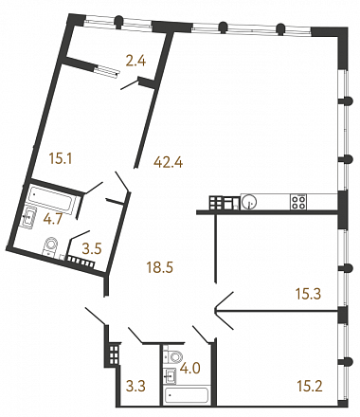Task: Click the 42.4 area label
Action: (x=169, y=162)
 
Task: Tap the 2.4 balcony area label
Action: (x=135, y=61)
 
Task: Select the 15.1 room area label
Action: (x=61, y=158)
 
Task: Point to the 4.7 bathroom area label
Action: (x=53, y=219)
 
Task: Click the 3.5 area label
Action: (x=92, y=249)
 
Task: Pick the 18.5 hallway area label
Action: (x=160, y=268)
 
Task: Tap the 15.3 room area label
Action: (x=308, y=294)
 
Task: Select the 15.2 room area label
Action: (x=310, y=386)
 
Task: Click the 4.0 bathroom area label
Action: (x=190, y=369)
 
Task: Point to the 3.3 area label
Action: (x=135, y=386)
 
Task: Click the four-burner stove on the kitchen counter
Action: (x=298, y=202)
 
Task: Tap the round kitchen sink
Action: (x=248, y=201)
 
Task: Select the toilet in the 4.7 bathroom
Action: (x=50, y=246)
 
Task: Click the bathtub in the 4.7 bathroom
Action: (x=53, y=200)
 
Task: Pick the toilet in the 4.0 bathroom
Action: (x=173, y=356)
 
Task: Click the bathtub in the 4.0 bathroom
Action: (x=186, y=394)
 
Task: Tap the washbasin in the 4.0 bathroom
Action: (x=170, y=375)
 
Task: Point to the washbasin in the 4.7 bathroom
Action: (x=29, y=217)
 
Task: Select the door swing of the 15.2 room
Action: (x=224, y=319)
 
